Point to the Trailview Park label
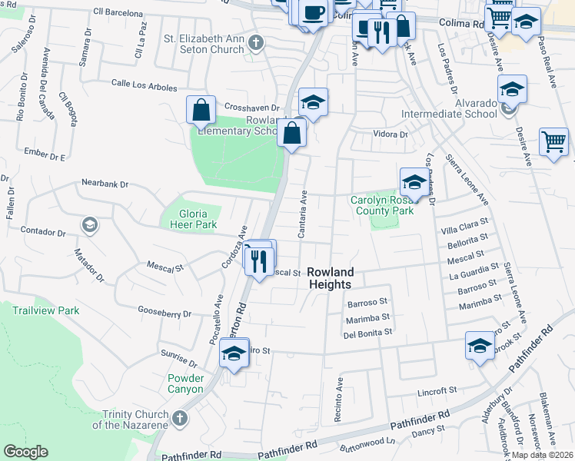pyautogui.click(x=46, y=310)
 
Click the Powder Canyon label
pyautogui.click(x=186, y=383)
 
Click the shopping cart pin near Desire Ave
pyautogui.click(x=553, y=142)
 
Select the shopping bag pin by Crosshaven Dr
pyautogui.click(x=201, y=109)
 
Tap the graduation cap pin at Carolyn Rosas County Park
pyautogui.click(x=414, y=182)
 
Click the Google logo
pyautogui.click(x=26, y=452)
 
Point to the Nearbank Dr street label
pyautogui.click(x=105, y=184)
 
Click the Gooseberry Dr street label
pyautogui.click(x=164, y=313)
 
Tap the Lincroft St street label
pyautogui.click(x=437, y=392)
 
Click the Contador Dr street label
pyautogui.click(x=44, y=231)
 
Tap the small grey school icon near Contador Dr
pyautogui.click(x=89, y=224)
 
